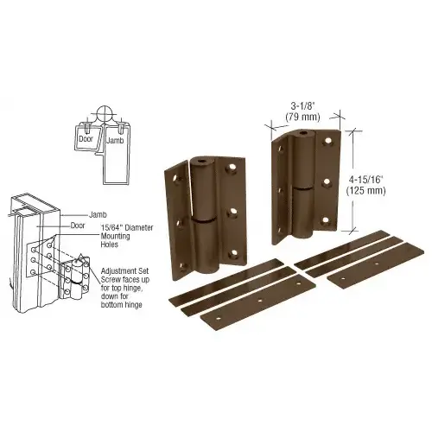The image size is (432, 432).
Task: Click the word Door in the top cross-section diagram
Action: (x=87, y=137)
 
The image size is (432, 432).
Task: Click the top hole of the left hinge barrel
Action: (x=200, y=162)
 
